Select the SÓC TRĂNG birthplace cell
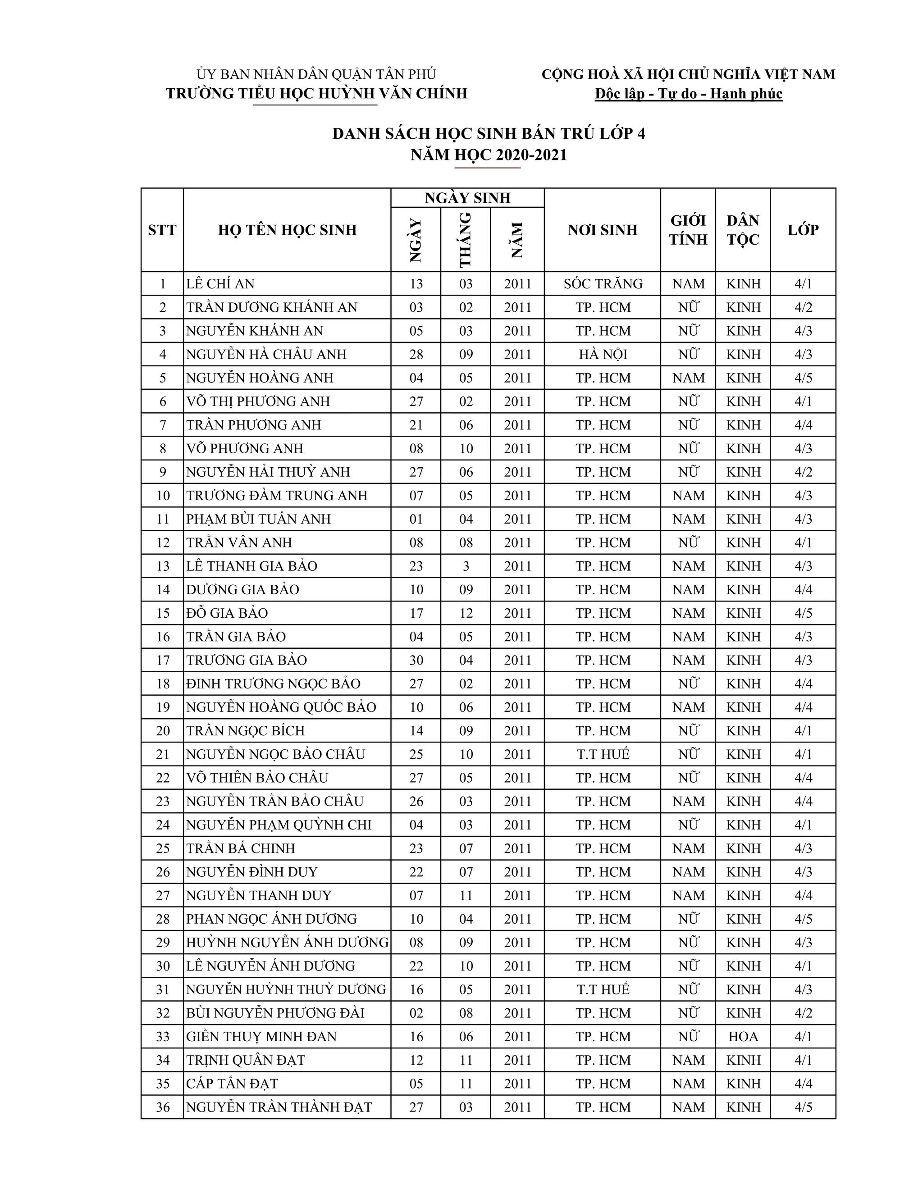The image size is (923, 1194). (x=603, y=284)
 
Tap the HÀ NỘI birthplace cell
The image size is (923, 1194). (x=603, y=354)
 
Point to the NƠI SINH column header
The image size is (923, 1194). (x=603, y=230)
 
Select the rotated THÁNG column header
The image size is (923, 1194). (x=465, y=239)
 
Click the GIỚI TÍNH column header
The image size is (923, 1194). (x=688, y=230)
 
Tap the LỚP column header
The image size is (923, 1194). (x=803, y=230)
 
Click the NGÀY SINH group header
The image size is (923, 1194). (x=467, y=198)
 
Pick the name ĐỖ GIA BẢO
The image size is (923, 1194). (x=227, y=613)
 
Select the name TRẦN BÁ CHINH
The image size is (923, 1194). (x=241, y=848)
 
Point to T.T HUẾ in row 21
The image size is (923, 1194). (x=603, y=754)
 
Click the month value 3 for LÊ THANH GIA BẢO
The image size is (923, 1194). (x=466, y=566)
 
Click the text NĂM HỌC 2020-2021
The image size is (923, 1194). (x=489, y=155)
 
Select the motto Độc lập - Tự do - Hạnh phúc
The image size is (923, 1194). (x=689, y=94)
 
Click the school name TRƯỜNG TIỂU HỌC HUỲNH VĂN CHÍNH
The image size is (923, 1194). (x=316, y=93)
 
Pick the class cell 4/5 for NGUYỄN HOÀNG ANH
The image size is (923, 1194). (x=803, y=378)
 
